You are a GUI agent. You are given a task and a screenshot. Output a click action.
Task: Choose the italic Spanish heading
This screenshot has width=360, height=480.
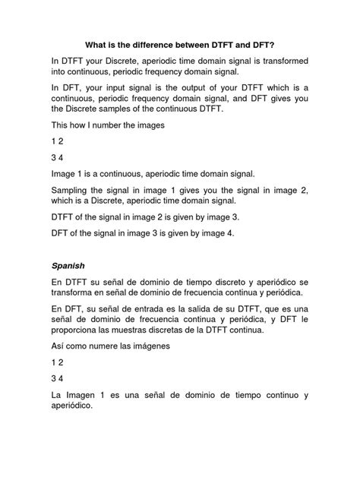click(x=70, y=267)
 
